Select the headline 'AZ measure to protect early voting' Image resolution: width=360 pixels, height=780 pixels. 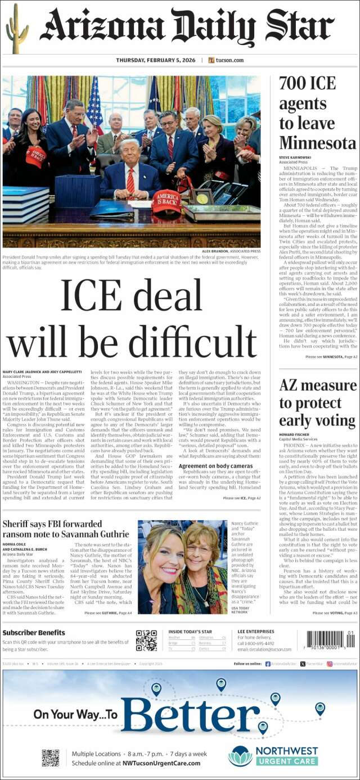point(317,403)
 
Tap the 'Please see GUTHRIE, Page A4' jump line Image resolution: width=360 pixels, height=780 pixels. point(108,612)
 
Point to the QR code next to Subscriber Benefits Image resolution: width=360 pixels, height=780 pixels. point(146,641)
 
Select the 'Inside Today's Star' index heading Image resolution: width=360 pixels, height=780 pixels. point(190,632)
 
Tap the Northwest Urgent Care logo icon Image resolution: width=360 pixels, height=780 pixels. point(240,756)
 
